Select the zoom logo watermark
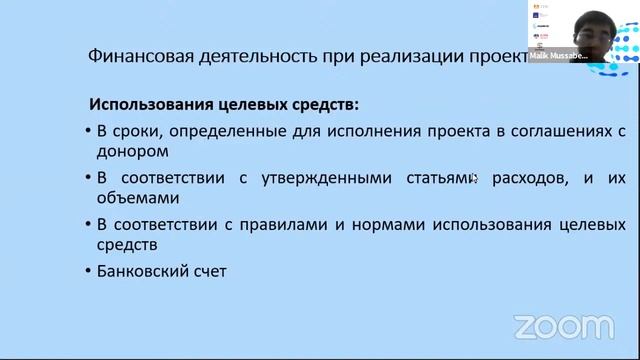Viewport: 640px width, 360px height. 564,326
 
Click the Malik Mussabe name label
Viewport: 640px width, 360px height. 556,57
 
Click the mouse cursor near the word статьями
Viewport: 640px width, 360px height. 474,179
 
